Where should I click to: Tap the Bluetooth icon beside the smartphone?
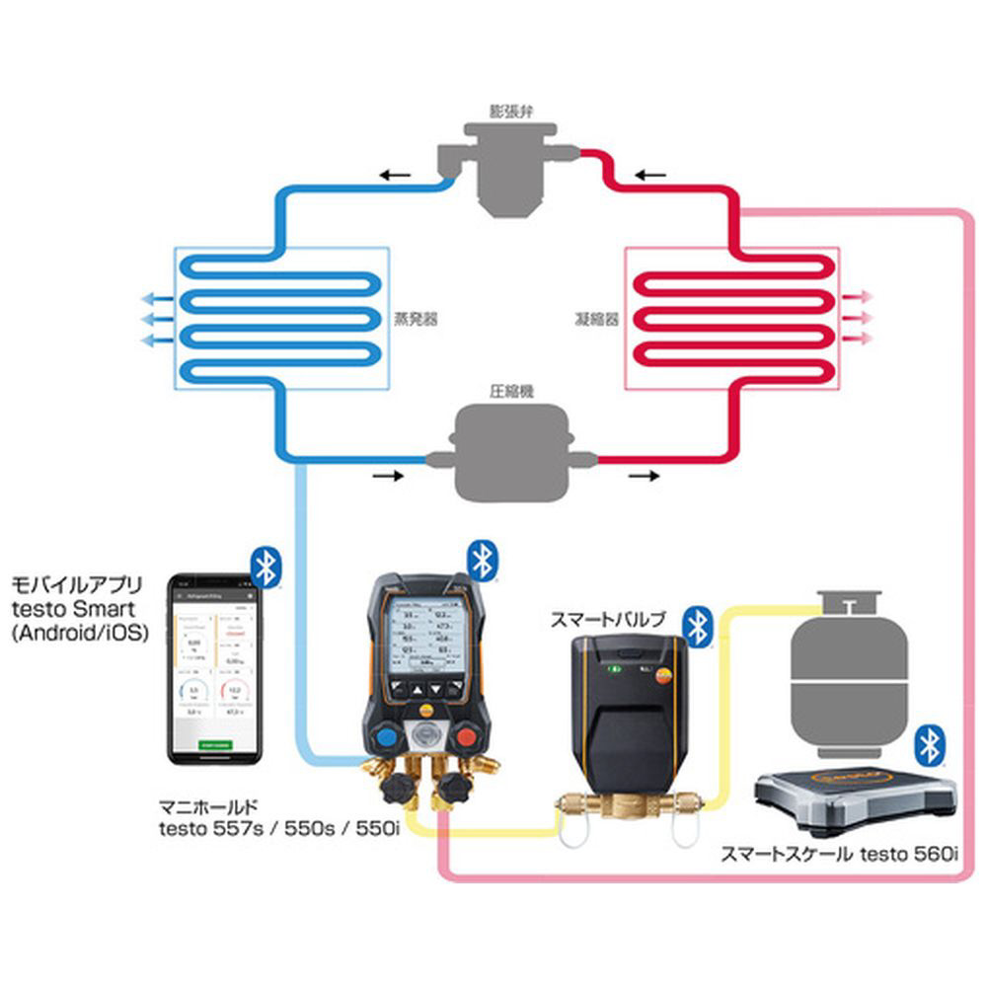pos(265,567)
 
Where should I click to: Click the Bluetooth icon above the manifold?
pos(481,560)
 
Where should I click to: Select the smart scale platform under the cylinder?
pos(855,796)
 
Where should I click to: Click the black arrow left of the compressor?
pos(389,475)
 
